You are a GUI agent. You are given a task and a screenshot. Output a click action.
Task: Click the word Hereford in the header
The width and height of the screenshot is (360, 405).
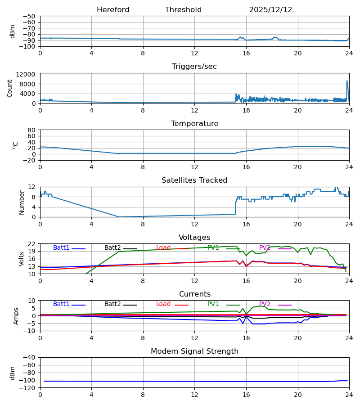click(113, 10)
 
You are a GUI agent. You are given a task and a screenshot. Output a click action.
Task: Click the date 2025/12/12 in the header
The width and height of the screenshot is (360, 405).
click(270, 10)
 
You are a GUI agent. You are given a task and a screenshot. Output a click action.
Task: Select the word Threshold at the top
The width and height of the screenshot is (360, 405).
click(183, 10)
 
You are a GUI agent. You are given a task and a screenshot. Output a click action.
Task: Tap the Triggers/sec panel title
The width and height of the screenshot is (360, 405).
click(194, 67)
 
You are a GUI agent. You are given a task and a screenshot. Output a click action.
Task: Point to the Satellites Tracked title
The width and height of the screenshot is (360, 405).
click(194, 180)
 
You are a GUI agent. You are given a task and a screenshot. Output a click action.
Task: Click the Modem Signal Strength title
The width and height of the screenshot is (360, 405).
click(194, 351)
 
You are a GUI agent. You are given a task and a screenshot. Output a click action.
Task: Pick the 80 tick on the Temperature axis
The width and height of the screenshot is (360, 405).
click(32, 130)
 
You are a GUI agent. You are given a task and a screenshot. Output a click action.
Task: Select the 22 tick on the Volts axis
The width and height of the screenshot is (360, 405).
click(32, 244)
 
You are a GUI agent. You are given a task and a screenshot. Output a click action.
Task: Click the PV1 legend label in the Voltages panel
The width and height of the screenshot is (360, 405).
click(213, 248)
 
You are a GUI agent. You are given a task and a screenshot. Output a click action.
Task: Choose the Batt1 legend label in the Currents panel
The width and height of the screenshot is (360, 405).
click(61, 304)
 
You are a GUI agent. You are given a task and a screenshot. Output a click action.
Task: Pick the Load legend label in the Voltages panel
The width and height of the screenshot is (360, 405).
click(163, 248)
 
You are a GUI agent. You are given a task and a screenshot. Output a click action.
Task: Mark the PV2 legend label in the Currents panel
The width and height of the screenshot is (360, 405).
click(265, 304)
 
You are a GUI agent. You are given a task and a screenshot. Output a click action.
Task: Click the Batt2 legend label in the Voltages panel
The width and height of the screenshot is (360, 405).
click(112, 248)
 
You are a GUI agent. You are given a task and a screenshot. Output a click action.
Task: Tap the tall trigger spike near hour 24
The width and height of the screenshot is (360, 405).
click(347, 81)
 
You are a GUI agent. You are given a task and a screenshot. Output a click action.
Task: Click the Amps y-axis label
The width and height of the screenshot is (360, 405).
click(17, 316)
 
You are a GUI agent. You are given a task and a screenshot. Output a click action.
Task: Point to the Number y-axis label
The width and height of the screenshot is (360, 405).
click(22, 202)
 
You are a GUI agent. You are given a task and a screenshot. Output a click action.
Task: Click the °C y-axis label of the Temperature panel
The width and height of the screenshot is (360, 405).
click(16, 145)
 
